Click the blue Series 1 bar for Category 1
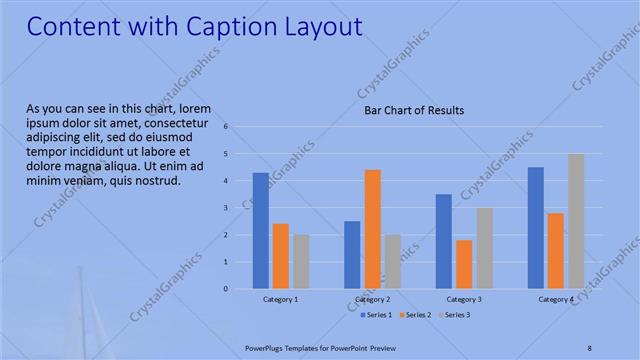[260, 231]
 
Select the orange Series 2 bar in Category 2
[372, 229]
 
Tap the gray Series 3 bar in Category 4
[576, 221]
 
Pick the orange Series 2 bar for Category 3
[464, 264]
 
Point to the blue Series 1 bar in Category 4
[536, 228]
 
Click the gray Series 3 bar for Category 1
[301, 262]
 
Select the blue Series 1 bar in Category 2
[352, 255]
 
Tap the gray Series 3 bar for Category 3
[484, 248]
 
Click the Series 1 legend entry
[376, 315]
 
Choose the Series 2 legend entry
[416, 315]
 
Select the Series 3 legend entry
[456, 315]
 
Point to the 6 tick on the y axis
[227, 127]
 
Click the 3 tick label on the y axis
[227, 208]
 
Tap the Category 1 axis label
[280, 299]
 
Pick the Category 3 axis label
[464, 299]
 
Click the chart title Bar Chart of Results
[413, 111]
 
